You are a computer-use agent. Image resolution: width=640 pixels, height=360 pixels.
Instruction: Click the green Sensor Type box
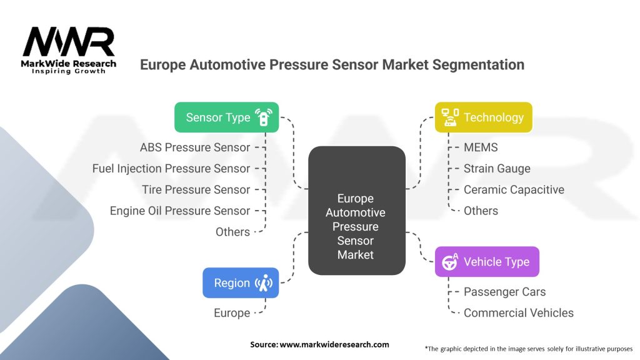point(226,117)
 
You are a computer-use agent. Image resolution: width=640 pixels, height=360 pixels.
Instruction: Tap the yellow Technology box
point(483,117)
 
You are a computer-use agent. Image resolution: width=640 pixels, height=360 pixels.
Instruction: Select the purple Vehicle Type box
point(487,262)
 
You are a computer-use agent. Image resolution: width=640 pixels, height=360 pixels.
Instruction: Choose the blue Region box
point(241,283)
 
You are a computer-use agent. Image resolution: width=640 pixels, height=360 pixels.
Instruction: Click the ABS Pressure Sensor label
point(195,147)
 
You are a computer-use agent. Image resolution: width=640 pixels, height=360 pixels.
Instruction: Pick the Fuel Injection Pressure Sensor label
point(171,169)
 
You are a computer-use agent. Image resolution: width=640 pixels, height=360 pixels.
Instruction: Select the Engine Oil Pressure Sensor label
point(179,211)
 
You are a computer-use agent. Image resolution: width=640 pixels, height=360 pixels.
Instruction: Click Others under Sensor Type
point(232,232)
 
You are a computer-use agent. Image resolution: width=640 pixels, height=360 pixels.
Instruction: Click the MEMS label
point(481,147)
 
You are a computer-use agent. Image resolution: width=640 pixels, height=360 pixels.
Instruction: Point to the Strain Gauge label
point(497,169)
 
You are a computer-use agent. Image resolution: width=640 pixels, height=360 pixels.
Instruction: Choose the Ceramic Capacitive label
point(514,189)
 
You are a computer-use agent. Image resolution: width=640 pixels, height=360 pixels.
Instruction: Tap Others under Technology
point(481,211)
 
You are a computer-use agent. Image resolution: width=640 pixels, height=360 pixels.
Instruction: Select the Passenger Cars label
point(504,292)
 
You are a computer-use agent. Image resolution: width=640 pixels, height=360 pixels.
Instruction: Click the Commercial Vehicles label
point(518,313)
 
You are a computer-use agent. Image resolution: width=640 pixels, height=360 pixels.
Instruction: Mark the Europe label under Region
point(232,313)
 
